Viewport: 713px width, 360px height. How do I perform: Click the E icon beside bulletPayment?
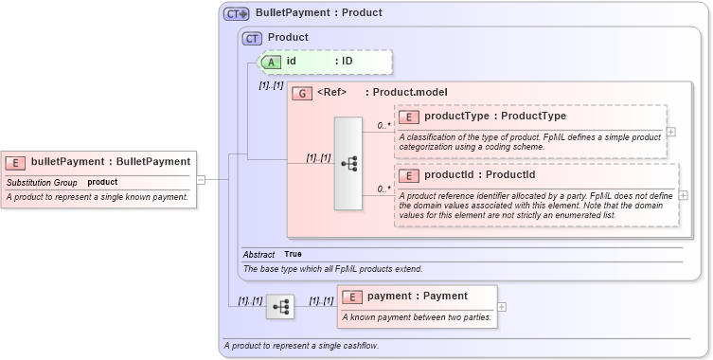pos(16,162)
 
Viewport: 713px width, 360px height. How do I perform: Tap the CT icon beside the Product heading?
pos(252,38)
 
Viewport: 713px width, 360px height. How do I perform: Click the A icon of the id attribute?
pos(271,62)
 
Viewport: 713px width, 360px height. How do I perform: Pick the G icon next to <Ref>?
pos(302,93)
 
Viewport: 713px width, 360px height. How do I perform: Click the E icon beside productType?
pos(409,117)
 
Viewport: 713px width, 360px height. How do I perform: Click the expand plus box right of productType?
pos(671,133)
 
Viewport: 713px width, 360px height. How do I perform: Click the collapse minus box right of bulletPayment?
pos(201,178)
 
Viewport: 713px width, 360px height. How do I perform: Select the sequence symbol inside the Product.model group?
pos(348,164)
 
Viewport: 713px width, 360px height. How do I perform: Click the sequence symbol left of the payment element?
pos(280,307)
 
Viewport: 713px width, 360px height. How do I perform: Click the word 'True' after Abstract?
pos(294,255)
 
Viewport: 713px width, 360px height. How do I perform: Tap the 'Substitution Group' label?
pos(42,182)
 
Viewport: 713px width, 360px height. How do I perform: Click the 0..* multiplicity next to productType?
pos(384,125)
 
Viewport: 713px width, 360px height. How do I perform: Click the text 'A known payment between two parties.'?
pos(417,316)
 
